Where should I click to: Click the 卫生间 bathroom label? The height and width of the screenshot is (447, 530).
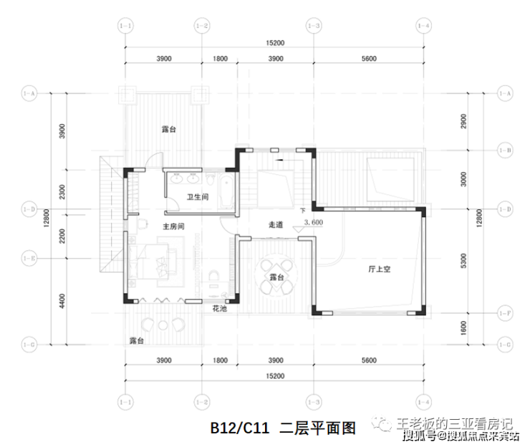pos(198,196)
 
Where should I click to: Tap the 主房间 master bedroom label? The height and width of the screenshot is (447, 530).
pos(174,226)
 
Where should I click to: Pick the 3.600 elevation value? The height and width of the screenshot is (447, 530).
pos(314,222)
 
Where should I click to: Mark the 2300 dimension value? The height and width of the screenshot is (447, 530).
pos(64,192)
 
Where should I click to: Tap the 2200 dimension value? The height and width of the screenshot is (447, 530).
pos(64,234)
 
